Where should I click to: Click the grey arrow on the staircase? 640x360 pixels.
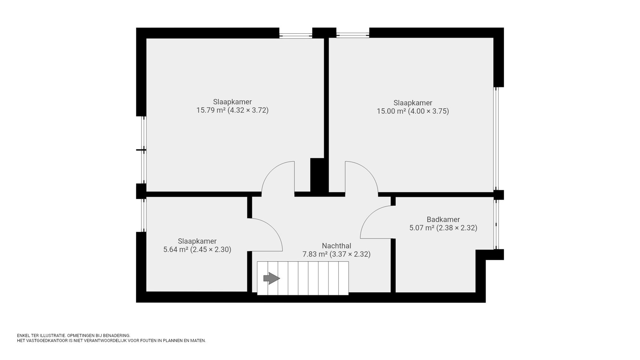(x=271, y=278)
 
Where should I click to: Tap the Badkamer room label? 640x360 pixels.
(x=443, y=220)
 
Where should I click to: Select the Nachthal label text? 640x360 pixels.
(x=336, y=246)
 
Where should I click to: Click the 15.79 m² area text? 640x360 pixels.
(x=211, y=110)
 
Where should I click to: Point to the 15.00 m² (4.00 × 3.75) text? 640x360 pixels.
(x=412, y=111)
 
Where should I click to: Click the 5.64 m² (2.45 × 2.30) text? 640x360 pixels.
(x=197, y=250)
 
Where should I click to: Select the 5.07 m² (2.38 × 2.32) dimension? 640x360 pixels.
(x=443, y=228)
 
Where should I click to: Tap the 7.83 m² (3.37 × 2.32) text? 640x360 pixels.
(x=336, y=254)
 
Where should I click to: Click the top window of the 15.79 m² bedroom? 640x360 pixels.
(x=295, y=33)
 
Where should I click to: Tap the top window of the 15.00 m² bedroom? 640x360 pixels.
(x=353, y=33)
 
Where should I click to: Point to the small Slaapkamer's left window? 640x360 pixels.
(x=144, y=215)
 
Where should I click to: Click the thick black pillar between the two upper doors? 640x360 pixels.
(x=318, y=175)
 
